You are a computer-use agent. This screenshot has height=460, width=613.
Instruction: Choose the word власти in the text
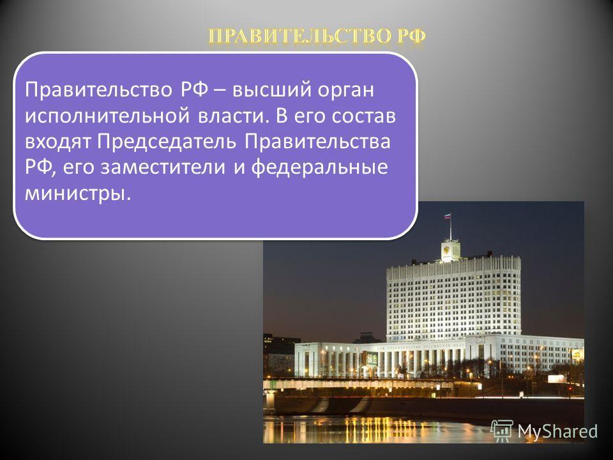(x=234, y=116)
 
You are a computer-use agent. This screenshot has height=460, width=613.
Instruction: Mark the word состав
(x=364, y=116)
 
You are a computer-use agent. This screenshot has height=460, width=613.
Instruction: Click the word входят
(x=58, y=142)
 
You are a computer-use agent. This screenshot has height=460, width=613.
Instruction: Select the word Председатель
(x=167, y=142)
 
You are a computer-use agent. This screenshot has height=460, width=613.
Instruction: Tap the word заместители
(x=163, y=167)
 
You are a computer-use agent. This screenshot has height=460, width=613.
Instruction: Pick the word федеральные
(x=319, y=167)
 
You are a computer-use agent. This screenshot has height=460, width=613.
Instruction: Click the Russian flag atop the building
(x=448, y=216)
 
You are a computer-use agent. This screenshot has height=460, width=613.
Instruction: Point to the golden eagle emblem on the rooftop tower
(x=447, y=249)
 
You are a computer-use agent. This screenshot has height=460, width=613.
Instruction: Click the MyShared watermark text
(x=557, y=431)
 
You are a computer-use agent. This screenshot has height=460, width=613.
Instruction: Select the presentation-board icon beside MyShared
(x=503, y=431)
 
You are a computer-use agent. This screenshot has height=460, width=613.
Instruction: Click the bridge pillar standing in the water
(x=269, y=401)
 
